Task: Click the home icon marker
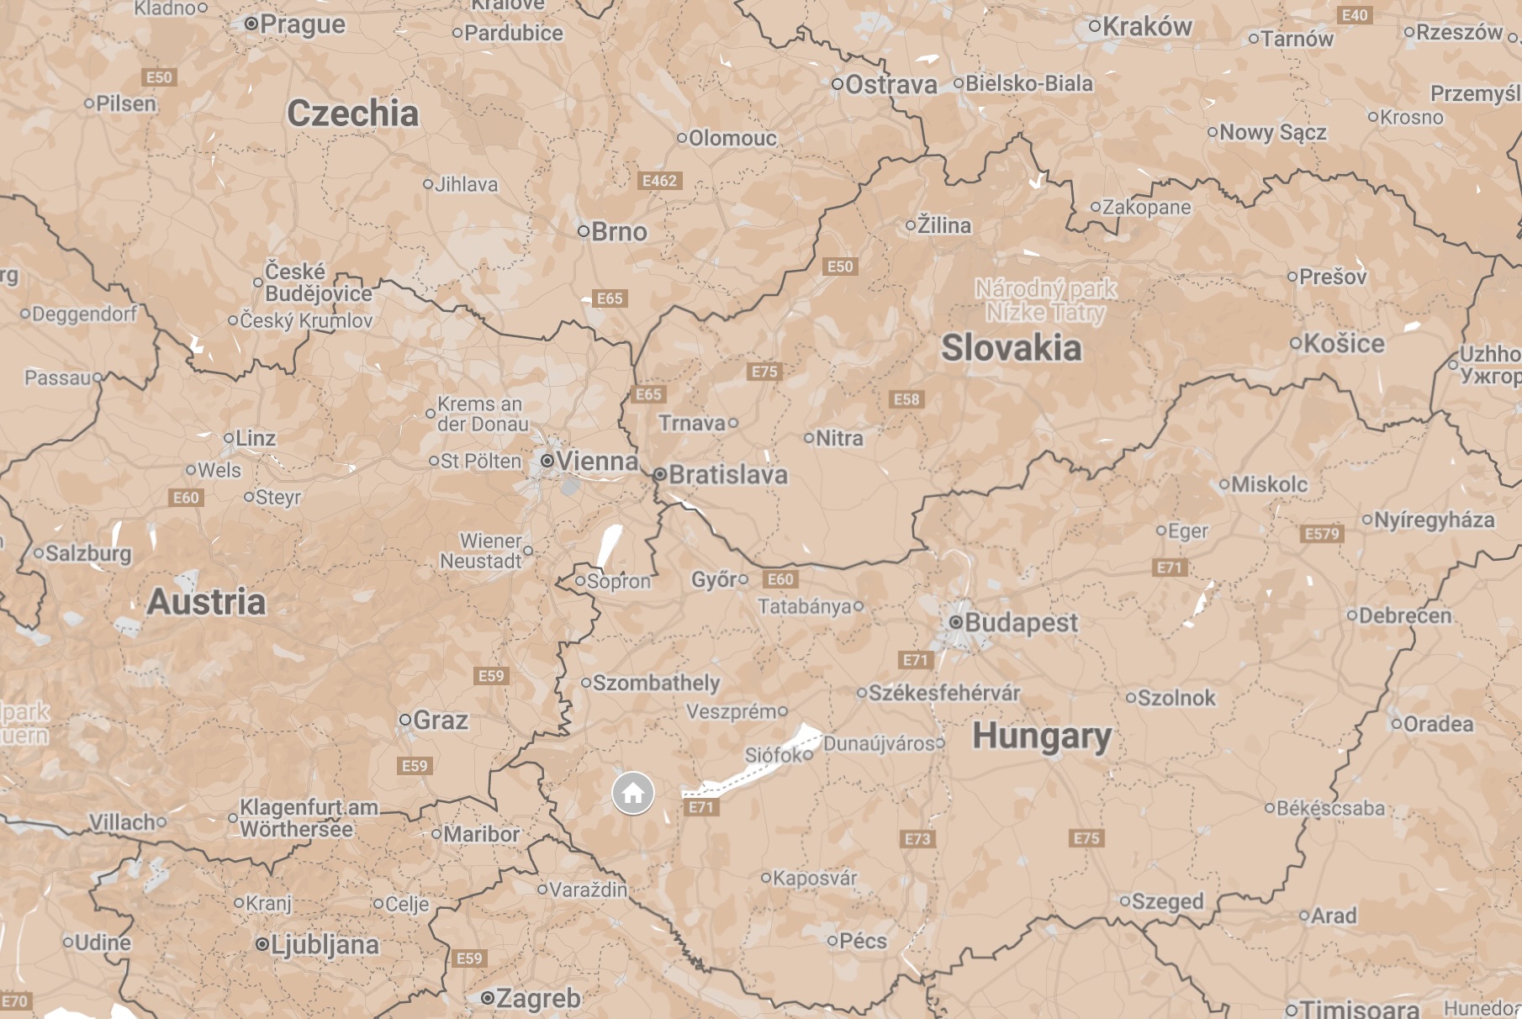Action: pyautogui.click(x=633, y=793)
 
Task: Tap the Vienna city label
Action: pyautogui.click(x=596, y=461)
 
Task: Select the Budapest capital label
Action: pyautogui.click(x=1020, y=622)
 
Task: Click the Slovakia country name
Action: pyautogui.click(x=1011, y=348)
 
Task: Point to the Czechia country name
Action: pyautogui.click(x=352, y=114)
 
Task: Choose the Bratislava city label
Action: pyautogui.click(x=727, y=474)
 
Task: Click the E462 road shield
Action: pyautogui.click(x=659, y=181)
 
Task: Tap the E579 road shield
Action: pyautogui.click(x=1322, y=533)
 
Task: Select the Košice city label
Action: pyautogui.click(x=1343, y=343)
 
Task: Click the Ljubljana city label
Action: pyautogui.click(x=324, y=944)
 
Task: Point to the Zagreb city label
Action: pyautogui.click(x=537, y=998)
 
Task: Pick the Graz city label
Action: pyautogui.click(x=440, y=720)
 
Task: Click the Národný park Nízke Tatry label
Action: pyautogui.click(x=1045, y=300)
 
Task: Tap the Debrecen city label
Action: pyautogui.click(x=1404, y=615)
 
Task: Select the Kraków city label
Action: pyautogui.click(x=1146, y=27)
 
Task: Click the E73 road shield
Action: pyautogui.click(x=917, y=838)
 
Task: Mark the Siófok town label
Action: pyautogui.click(x=774, y=755)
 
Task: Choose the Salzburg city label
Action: pyautogui.click(x=87, y=553)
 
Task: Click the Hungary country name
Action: pyautogui.click(x=1042, y=737)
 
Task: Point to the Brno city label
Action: pyautogui.click(x=618, y=231)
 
